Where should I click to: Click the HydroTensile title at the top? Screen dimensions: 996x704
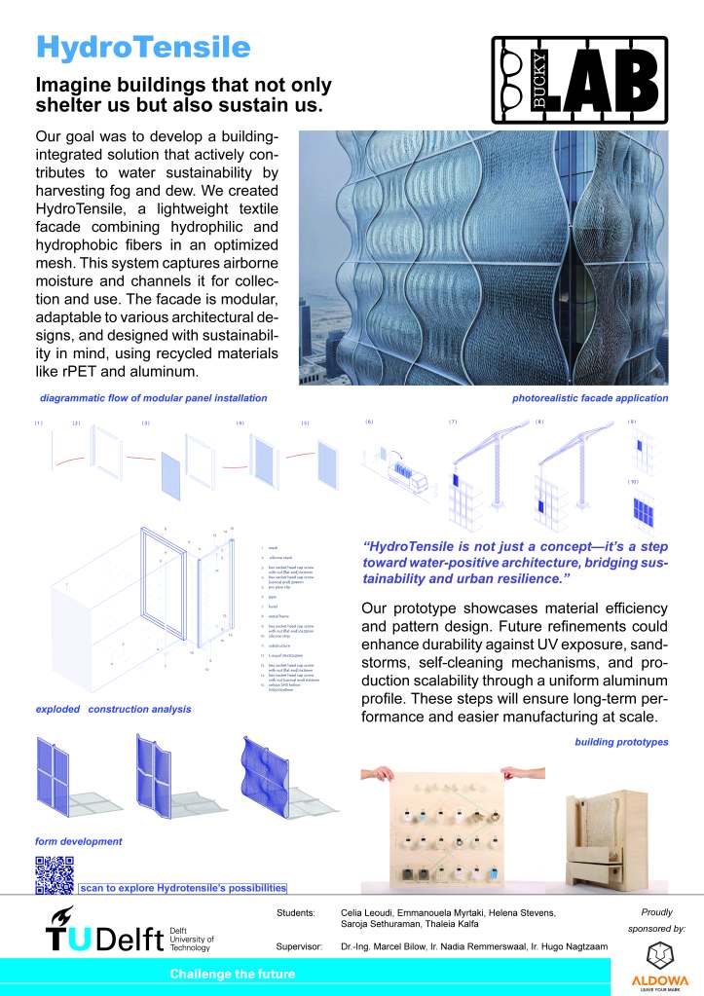pos(143,46)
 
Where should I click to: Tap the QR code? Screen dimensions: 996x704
pos(55,874)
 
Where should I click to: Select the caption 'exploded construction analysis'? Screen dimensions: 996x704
pos(113,709)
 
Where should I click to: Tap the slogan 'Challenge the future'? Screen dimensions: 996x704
pos(232,974)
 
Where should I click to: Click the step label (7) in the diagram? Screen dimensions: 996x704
pos(453,422)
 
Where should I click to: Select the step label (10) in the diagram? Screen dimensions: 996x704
pos(631,481)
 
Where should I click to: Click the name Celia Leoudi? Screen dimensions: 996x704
pos(364,912)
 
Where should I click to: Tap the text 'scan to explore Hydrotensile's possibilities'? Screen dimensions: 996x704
pos(183,888)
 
